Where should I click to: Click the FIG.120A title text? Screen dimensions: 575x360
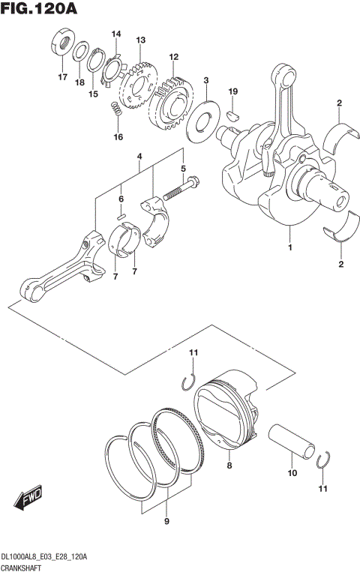click(x=39, y=10)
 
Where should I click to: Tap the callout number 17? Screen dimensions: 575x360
click(x=62, y=77)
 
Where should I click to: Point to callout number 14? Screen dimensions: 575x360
click(x=116, y=34)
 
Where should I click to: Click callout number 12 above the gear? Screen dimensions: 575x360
click(x=173, y=57)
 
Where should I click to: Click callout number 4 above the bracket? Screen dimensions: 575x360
click(x=139, y=157)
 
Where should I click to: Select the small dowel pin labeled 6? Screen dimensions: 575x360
click(x=121, y=215)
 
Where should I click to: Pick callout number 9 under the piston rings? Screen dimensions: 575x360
click(x=166, y=521)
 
